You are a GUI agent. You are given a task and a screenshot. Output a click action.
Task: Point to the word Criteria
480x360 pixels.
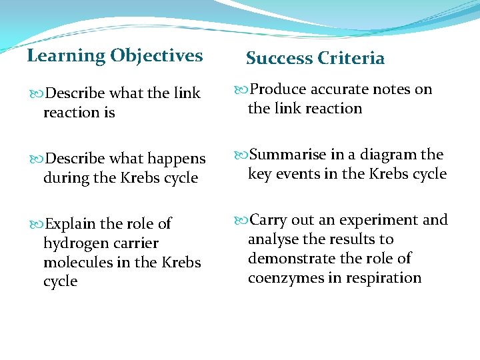[351, 59]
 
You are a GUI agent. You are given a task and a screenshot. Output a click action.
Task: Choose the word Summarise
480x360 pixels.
[288, 155]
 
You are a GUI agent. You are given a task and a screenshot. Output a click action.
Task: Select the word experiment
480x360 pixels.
[377, 220]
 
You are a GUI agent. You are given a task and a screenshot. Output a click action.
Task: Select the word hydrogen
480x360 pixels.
[72, 243]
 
